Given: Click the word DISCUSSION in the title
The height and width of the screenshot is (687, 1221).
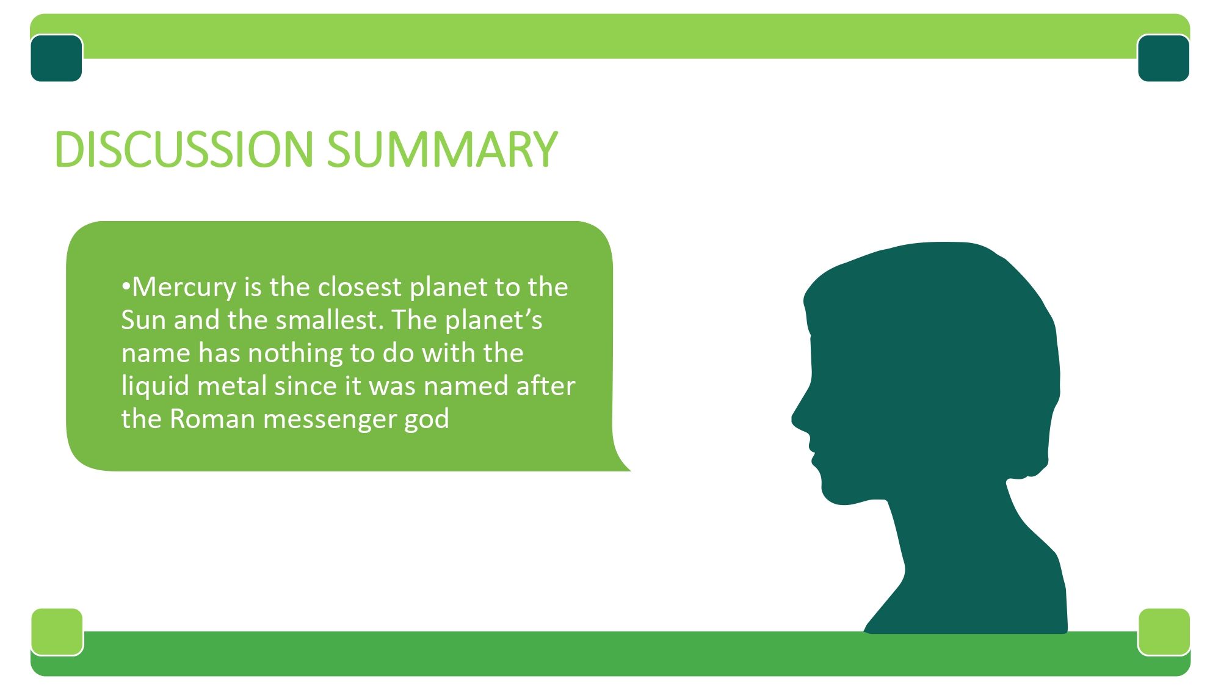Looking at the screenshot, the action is [184, 149].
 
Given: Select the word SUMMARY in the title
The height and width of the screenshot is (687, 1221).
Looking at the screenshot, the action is [443, 149].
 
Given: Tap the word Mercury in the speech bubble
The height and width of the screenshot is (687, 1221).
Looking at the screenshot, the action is [184, 288].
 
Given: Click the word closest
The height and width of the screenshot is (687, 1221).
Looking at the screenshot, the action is [360, 287].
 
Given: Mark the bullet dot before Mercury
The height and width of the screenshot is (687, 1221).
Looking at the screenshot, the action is [126, 286].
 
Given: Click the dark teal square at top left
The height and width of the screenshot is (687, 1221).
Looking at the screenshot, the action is [56, 58].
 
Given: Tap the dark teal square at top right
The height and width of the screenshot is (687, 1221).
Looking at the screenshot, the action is [1164, 58].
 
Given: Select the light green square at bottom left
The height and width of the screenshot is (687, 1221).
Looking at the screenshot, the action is [57, 631].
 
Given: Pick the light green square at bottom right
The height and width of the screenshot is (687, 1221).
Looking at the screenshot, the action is [1164, 631].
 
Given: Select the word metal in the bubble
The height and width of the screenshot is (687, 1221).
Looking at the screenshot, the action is [232, 386].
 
